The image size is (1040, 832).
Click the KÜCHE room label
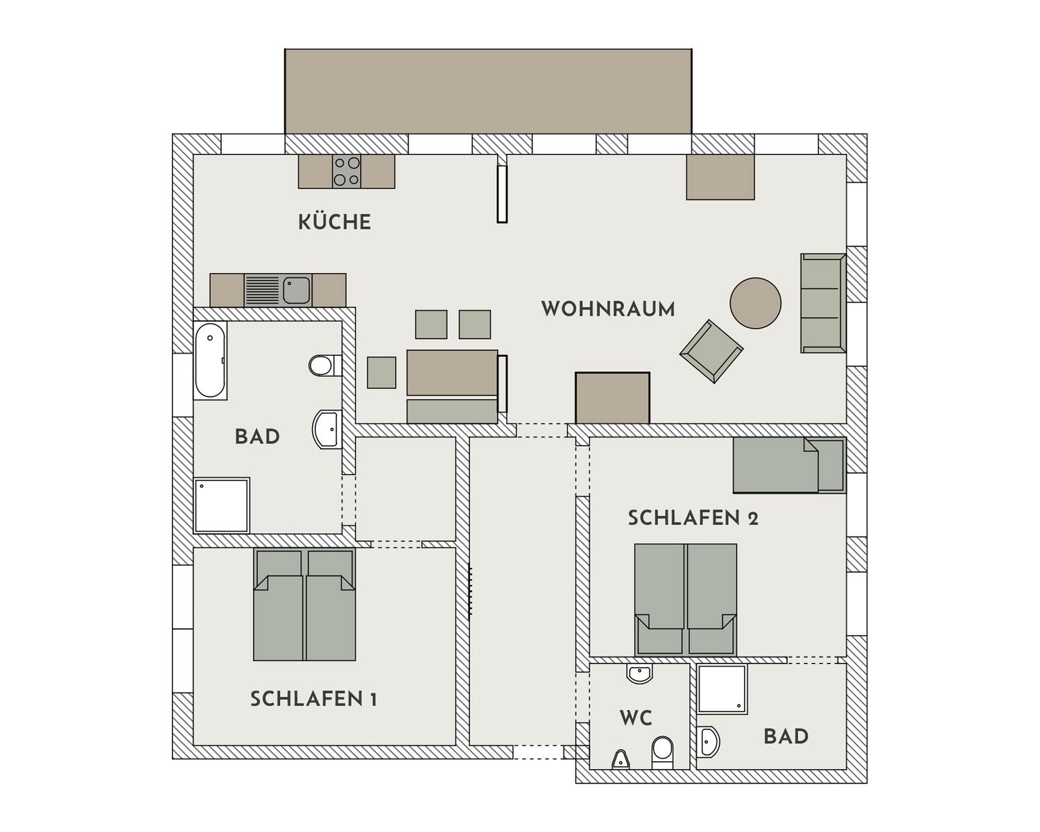334,222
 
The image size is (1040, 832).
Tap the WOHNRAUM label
608,309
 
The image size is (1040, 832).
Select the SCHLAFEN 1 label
313,699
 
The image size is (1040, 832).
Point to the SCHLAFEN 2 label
693,518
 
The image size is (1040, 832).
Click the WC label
636,718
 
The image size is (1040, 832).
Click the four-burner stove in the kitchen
347,172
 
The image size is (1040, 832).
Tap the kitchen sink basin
296,290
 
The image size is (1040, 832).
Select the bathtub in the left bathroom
210,360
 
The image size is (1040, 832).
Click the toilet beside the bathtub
324,365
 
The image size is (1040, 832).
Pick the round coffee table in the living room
755,303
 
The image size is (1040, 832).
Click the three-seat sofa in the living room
823,303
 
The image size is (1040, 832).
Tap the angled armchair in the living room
711,352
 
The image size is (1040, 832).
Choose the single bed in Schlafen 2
789,465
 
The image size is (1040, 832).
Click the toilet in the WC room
662,753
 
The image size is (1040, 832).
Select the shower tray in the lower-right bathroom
722,688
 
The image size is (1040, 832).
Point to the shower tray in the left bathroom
221,505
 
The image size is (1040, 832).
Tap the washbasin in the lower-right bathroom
708,742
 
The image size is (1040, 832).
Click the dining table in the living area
452,373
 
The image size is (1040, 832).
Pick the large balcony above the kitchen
488,92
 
